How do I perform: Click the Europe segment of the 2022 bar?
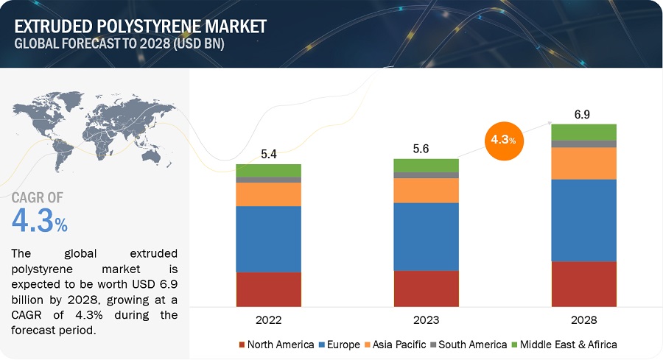click(x=268, y=239)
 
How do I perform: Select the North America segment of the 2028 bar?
click(x=583, y=283)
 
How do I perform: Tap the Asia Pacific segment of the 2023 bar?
click(x=426, y=190)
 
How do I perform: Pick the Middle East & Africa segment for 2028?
click(x=583, y=132)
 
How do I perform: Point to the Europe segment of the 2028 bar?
click(x=583, y=220)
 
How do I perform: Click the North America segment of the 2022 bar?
click(x=268, y=289)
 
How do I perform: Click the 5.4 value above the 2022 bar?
click(x=268, y=154)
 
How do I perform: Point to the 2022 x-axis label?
click(x=268, y=320)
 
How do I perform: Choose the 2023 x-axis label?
click(x=426, y=320)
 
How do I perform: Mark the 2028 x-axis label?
click(x=583, y=320)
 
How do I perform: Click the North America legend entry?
click(x=276, y=345)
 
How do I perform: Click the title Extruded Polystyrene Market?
click(x=140, y=27)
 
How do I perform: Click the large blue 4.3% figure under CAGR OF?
click(x=41, y=220)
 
